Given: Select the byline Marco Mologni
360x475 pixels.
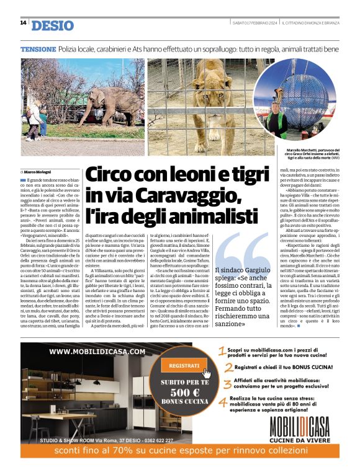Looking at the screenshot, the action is pos(40,171).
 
